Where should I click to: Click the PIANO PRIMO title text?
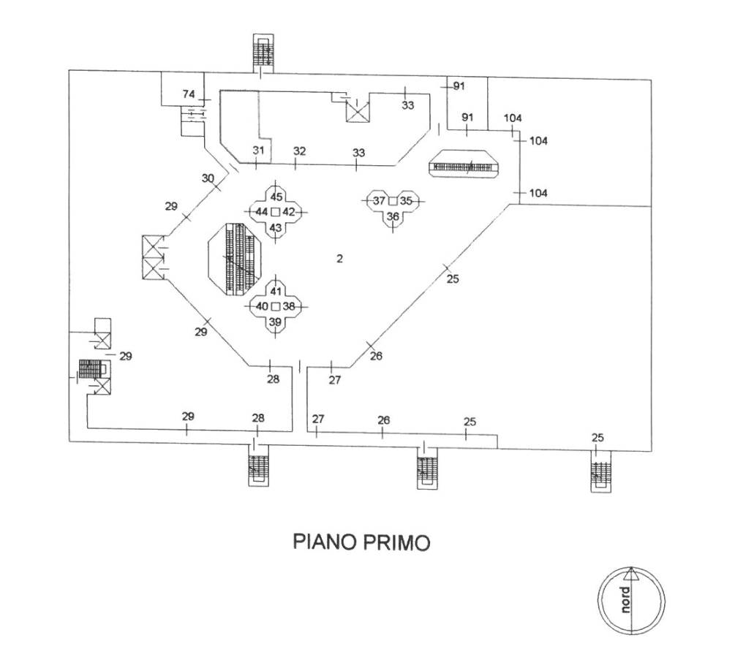361,542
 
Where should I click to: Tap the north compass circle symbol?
631,600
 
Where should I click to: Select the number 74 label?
189,94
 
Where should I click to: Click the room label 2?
339,258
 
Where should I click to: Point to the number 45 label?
276,197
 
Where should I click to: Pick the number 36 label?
393,216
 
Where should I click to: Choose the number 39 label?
275,322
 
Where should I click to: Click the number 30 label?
208,178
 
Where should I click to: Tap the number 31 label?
258,150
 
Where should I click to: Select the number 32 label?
299,151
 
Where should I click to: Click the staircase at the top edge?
262,53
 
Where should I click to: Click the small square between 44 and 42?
275,211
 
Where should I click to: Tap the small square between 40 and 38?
275,306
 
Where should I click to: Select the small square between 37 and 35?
392,200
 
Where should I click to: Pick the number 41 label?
276,292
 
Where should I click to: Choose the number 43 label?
276,228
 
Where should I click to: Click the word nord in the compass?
624,600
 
